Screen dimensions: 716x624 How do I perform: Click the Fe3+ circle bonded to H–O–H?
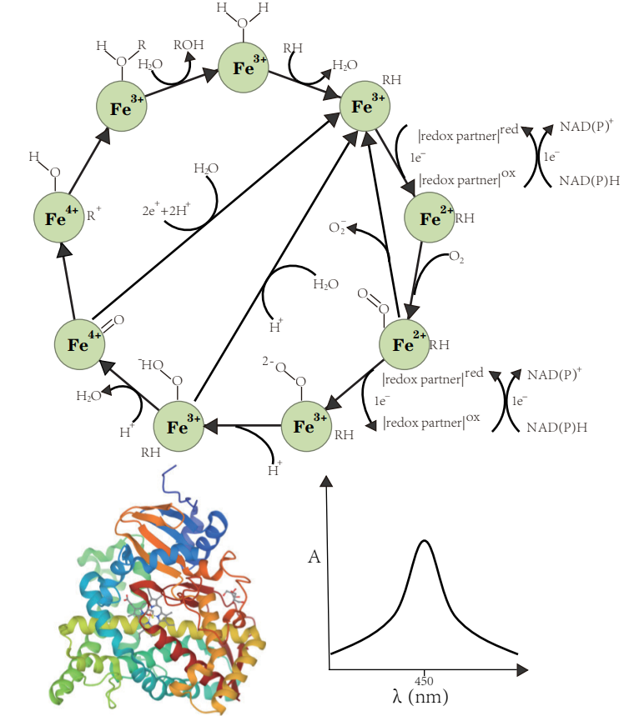[x=243, y=68]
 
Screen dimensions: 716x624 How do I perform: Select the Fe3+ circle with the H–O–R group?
[x=122, y=106]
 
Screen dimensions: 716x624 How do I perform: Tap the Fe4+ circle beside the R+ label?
[x=58, y=218]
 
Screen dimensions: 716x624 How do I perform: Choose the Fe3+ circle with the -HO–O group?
[x=179, y=427]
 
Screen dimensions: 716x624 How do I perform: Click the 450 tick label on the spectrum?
[x=425, y=679]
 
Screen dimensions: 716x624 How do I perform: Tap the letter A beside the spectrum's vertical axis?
[x=314, y=558]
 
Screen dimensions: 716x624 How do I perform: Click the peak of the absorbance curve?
[x=424, y=541]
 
